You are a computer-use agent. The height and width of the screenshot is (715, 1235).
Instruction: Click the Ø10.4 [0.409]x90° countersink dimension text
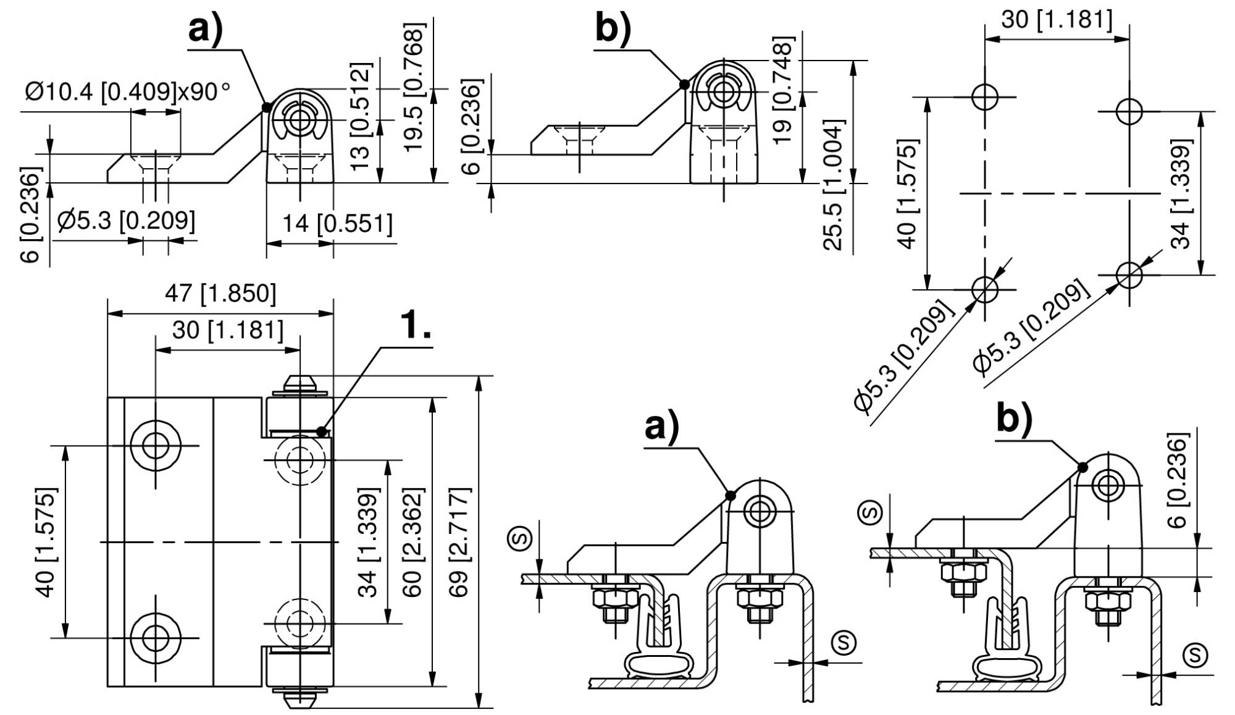127,93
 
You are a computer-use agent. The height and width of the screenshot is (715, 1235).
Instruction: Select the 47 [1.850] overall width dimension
220,294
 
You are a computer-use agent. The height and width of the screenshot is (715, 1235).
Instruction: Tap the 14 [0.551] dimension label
337,224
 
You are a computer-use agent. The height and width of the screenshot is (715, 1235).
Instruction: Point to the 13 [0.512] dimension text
361,116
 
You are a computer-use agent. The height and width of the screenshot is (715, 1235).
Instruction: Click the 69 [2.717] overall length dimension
460,542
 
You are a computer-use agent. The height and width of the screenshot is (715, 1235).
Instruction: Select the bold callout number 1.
415,325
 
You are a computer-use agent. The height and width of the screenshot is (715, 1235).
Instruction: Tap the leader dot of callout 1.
321,432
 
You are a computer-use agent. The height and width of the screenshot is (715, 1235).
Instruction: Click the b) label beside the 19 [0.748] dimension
614,28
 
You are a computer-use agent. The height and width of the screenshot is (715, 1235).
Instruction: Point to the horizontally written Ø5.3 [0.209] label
126,220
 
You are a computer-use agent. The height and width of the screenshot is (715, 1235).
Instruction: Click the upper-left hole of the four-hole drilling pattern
984,97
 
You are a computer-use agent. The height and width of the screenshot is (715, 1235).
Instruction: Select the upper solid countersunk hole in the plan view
156,445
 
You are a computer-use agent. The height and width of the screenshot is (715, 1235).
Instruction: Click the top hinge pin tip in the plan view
300,382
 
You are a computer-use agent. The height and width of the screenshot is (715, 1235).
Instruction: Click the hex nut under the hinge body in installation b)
1108,600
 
